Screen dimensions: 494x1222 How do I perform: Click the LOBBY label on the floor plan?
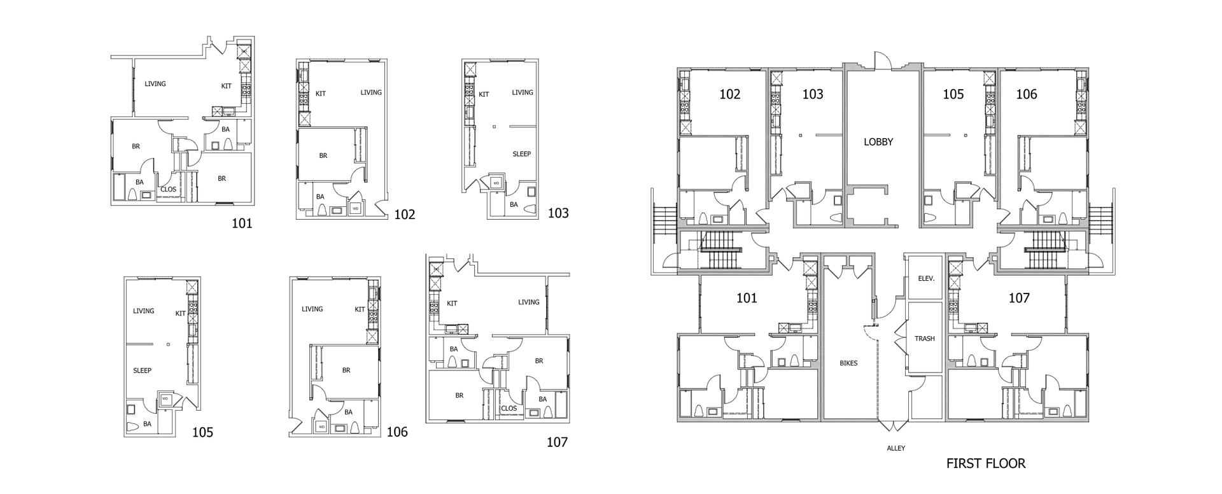point(878,142)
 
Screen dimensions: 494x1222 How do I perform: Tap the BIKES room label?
point(848,363)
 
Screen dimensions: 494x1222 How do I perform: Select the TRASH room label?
point(924,339)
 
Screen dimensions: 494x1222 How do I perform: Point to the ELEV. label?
point(926,279)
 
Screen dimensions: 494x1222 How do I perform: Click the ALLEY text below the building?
point(895,448)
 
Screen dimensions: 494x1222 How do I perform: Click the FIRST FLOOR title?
point(985,463)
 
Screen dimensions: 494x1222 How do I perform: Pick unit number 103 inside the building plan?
point(812,94)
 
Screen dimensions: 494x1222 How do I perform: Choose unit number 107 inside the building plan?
point(1018,297)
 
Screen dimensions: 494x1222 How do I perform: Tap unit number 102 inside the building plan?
point(729,94)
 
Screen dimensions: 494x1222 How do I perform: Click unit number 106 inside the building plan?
point(1026,94)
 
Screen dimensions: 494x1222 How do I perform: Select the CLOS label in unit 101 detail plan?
point(168,189)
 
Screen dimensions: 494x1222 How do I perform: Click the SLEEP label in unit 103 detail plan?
point(521,154)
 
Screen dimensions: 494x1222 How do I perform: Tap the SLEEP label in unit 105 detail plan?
point(142,370)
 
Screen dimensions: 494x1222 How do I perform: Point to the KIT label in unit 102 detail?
point(321,94)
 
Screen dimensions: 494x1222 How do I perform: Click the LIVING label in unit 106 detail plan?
point(312,309)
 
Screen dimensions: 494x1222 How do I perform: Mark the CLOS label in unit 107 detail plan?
point(509,409)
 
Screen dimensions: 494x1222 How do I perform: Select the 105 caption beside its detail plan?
point(202,433)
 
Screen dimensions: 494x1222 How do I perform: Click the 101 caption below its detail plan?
point(242,223)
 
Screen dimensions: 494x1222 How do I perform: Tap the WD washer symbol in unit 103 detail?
point(496,183)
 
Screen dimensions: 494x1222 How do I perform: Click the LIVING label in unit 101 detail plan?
point(155,84)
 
